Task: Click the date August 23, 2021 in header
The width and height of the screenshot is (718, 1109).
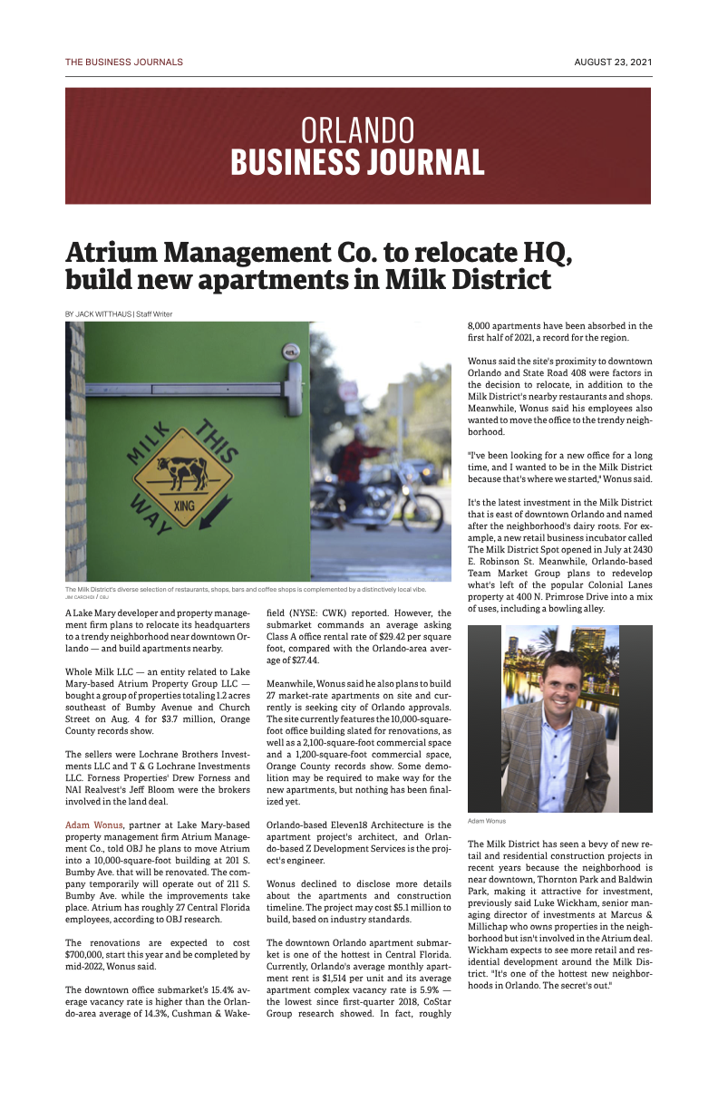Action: tap(613, 63)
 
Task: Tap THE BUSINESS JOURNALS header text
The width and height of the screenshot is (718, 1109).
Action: tap(124, 63)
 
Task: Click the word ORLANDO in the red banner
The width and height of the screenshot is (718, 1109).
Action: tap(357, 130)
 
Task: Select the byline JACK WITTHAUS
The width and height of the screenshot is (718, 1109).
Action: tap(103, 314)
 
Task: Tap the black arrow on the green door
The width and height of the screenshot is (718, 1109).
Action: tap(215, 517)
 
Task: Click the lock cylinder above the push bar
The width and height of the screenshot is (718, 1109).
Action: tap(290, 350)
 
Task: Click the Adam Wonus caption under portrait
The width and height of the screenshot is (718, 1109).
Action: tap(487, 822)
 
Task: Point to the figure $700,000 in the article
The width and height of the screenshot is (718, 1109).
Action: tap(84, 955)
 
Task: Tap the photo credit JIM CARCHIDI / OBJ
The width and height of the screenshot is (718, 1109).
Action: tap(87, 598)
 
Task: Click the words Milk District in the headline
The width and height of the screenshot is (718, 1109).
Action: tap(468, 279)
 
